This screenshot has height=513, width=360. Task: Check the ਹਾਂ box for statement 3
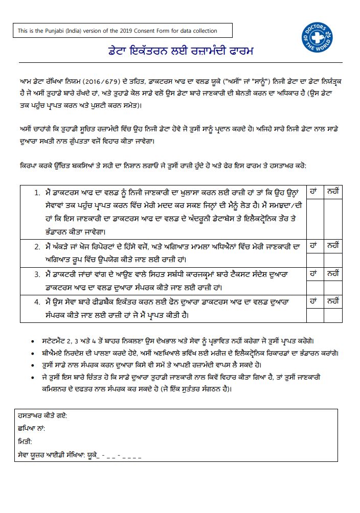point(314,284)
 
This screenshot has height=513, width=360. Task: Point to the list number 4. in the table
point(37,302)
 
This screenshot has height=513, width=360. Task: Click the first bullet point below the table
point(33,341)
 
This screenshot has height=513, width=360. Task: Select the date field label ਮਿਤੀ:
point(25,441)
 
